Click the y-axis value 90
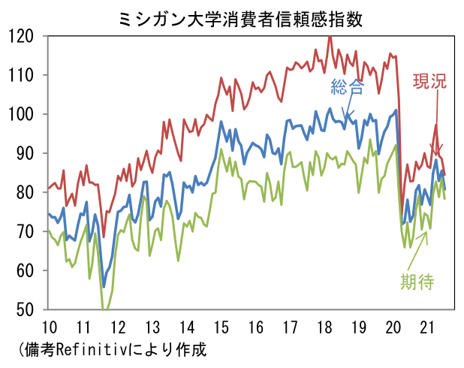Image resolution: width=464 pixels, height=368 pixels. pyautogui.click(x=27, y=153)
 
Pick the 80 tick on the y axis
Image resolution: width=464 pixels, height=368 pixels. pyautogui.click(x=27, y=192)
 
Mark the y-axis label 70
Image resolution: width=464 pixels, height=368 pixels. pyautogui.click(x=27, y=231)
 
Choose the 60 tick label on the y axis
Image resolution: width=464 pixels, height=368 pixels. pyautogui.click(x=27, y=270)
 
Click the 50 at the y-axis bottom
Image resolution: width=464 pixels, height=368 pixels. pyautogui.click(x=27, y=309)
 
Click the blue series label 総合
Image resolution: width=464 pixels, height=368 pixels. pyautogui.click(x=348, y=87)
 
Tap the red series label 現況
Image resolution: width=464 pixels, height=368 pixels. pyautogui.click(x=429, y=82)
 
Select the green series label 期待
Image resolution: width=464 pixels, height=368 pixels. pyautogui.click(x=417, y=282)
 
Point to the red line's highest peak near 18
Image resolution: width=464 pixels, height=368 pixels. pyautogui.click(x=330, y=36)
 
